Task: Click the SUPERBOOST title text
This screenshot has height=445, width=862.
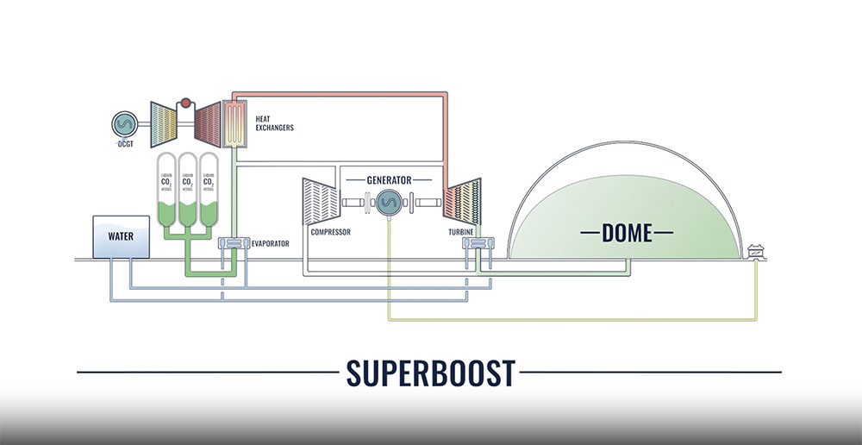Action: tap(430, 373)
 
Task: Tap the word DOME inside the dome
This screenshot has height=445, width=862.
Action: tap(628, 231)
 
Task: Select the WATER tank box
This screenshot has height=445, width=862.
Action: tap(122, 236)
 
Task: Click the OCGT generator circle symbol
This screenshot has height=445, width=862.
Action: tap(125, 123)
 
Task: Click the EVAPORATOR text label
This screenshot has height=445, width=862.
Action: tap(270, 244)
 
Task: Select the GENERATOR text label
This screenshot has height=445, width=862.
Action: tap(390, 180)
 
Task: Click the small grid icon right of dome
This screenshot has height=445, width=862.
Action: tap(757, 251)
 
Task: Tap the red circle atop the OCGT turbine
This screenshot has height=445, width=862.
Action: tap(183, 105)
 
